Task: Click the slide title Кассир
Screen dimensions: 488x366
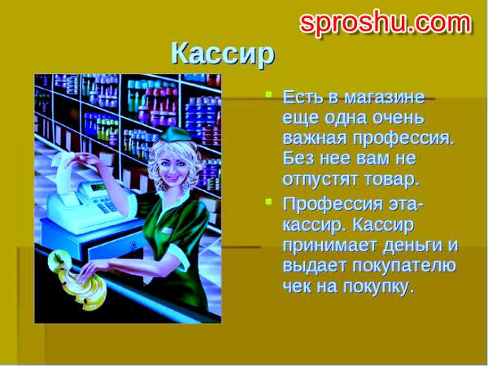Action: [x=223, y=54]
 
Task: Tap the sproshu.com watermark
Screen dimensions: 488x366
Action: [x=386, y=23]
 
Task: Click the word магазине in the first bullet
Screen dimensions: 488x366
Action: [x=385, y=97]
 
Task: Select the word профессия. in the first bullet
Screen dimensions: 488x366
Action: [x=403, y=138]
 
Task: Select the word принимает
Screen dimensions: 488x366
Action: [x=329, y=246]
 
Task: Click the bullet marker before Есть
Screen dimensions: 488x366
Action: [x=268, y=94]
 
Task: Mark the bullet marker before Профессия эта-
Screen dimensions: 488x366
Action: [x=268, y=202]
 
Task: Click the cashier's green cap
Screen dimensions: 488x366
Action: [x=175, y=134]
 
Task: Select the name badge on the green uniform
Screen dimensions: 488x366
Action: [x=167, y=231]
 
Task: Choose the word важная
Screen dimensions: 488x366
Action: [x=315, y=138]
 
